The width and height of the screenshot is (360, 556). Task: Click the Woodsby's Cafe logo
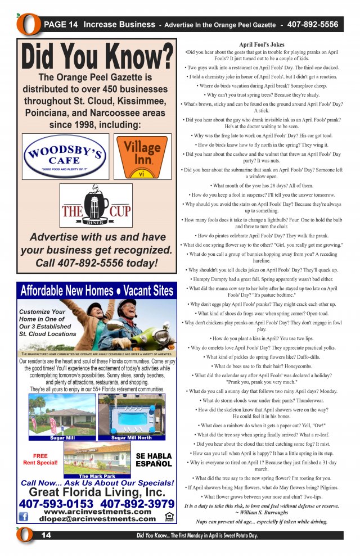coord(65,156)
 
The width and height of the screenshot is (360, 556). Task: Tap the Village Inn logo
coord(142,155)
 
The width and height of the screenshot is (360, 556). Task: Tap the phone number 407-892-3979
coord(137,504)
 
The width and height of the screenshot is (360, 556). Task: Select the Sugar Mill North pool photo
coord(131,416)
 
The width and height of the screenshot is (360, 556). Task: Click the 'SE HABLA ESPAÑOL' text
coord(154,460)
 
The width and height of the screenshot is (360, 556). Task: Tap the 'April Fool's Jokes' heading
coord(262,44)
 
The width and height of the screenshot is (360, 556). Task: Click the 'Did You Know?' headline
coord(97,57)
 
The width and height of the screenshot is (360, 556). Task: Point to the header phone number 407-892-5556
coord(312,25)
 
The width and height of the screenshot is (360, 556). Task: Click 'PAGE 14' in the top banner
coord(61,25)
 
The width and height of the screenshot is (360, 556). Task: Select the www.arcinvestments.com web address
coord(97,512)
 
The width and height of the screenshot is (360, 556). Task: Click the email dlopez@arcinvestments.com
coord(97,519)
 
